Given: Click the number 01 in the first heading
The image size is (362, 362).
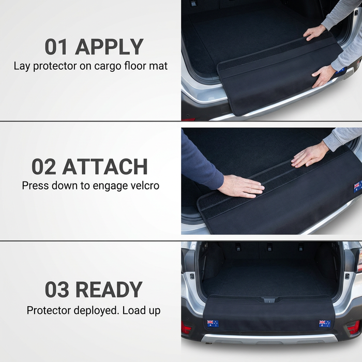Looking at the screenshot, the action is point(56,47).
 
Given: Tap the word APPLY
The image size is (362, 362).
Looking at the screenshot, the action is point(109,47).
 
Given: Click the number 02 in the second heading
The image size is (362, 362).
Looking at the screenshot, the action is point(43,167).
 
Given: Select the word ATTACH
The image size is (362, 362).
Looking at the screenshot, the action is point(105,167).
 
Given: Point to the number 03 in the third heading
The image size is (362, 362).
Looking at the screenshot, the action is point(57,290).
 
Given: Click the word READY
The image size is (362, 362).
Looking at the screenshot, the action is point(109,290).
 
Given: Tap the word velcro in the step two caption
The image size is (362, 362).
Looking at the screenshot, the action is point(145,186).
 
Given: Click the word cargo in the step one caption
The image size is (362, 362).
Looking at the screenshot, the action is point(108,67).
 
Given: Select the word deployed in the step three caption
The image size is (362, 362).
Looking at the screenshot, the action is point(97,311).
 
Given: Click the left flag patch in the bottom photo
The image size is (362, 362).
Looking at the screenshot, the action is point(213,323).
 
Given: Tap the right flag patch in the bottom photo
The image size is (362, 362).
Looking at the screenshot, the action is point(325,324).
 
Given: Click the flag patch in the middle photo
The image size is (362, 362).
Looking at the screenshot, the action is point(358,186).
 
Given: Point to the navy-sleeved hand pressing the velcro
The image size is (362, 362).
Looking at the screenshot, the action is point(240,186).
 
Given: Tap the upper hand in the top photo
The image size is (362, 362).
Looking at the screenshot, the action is point(314,32).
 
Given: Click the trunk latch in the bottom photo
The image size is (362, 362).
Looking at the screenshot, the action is point(269,300).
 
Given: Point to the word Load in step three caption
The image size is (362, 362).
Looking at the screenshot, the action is point(134,310).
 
